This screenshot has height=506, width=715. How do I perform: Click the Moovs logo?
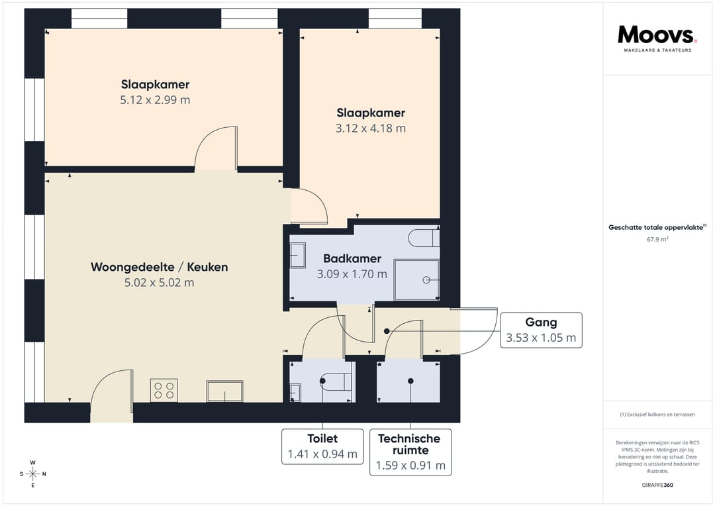pyautogui.click(x=657, y=38)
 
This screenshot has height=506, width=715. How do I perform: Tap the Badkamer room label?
pyautogui.click(x=352, y=259)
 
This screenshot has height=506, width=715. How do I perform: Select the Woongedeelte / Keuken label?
pyautogui.click(x=159, y=267)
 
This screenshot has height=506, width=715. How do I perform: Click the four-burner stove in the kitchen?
pyautogui.click(x=164, y=391)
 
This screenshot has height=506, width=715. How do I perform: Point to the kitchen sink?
pyautogui.click(x=225, y=391)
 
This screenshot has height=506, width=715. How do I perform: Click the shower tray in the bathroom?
pyautogui.click(x=417, y=279)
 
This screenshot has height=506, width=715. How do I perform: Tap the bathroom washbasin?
pyautogui.click(x=297, y=255)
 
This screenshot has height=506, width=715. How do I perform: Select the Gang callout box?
pyautogui.click(x=541, y=330)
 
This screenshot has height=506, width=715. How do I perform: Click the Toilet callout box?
pyautogui.click(x=322, y=446)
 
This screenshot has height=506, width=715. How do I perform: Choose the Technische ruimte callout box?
pyautogui.click(x=410, y=452)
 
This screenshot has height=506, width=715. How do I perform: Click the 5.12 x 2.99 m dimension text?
pyautogui.click(x=155, y=100)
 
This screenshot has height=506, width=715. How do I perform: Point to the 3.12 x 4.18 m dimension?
pyautogui.click(x=371, y=128)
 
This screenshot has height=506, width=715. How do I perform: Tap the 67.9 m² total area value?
pyautogui.click(x=657, y=239)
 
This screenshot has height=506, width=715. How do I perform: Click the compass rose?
pyautogui.click(x=33, y=474)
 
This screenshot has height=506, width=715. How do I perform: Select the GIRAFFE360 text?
pyautogui.click(x=657, y=485)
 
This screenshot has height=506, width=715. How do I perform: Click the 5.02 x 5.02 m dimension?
pyautogui.click(x=159, y=282)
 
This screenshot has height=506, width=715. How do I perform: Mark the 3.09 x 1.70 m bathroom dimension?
pyautogui.click(x=352, y=274)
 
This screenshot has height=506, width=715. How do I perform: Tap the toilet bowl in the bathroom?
pyautogui.click(x=423, y=238)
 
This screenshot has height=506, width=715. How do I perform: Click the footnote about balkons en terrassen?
pyautogui.click(x=657, y=415)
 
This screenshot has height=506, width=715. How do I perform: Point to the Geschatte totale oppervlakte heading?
pyautogui.click(x=657, y=227)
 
